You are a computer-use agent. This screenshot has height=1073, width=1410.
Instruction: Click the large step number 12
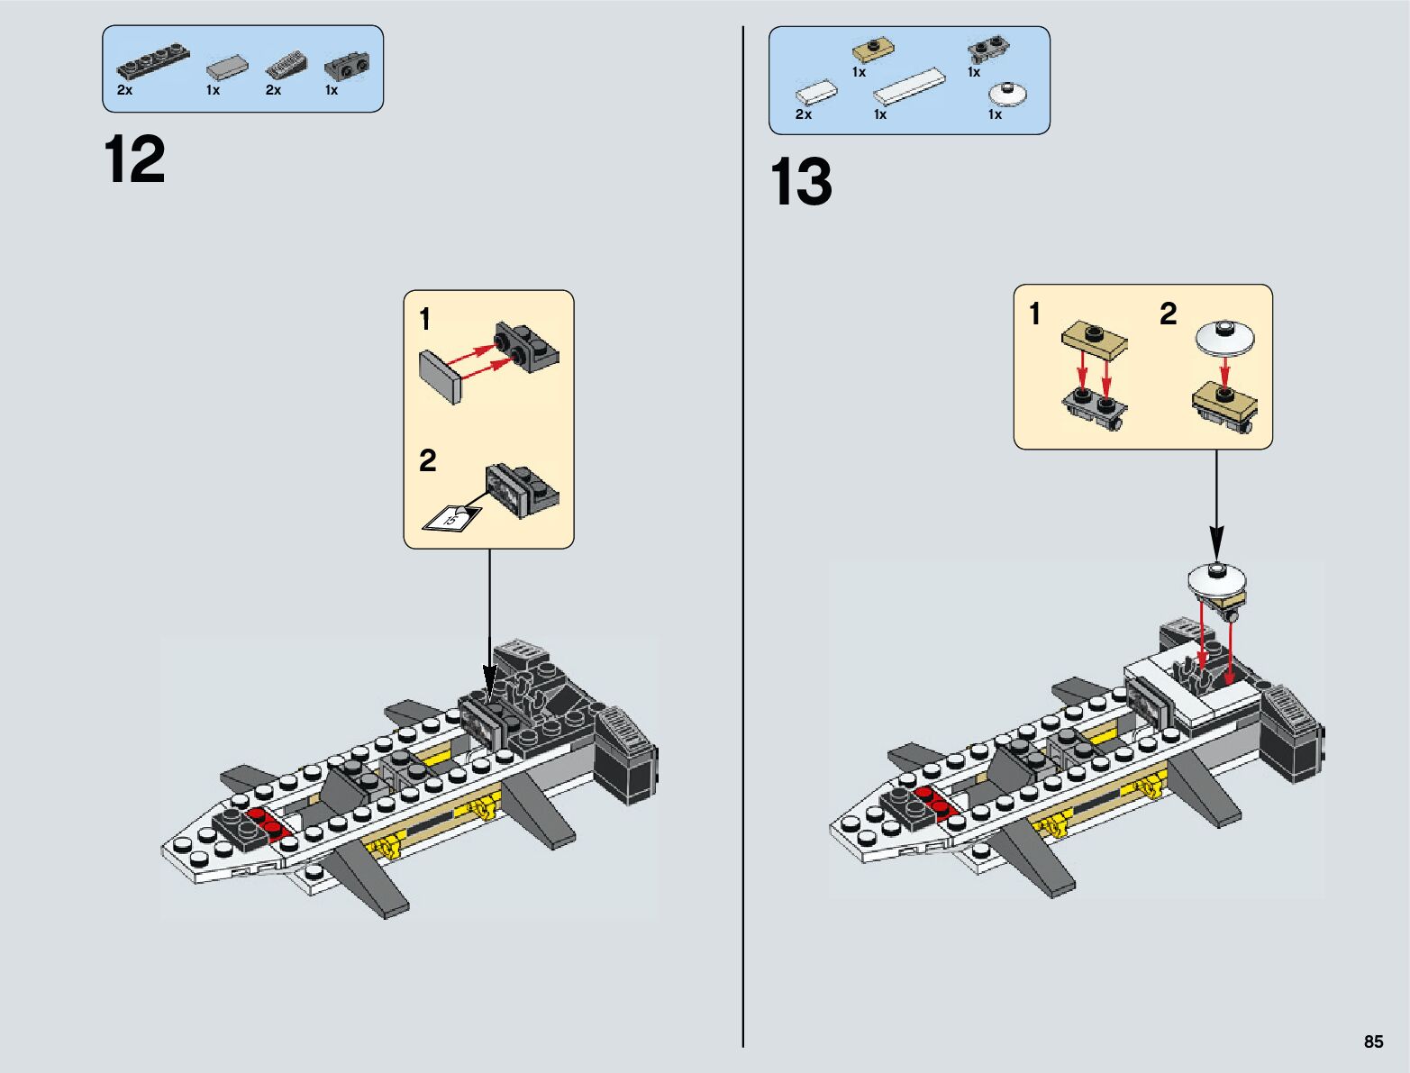135,160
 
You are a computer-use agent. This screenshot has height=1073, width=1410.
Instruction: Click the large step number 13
801,183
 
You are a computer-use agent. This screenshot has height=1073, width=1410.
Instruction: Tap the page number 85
1373,1041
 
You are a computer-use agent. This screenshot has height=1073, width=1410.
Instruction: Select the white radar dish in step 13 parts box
1008,94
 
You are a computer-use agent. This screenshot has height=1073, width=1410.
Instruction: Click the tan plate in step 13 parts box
870,50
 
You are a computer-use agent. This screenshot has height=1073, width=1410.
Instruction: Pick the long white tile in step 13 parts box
910,87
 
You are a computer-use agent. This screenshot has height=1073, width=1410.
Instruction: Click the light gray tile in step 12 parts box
228,66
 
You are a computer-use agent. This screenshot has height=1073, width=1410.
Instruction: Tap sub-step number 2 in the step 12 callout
427,461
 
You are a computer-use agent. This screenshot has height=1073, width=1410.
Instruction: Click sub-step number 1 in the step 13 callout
1034,314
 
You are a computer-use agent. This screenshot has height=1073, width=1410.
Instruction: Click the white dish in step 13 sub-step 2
1225,335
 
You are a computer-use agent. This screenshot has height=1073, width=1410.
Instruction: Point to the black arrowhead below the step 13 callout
1216,545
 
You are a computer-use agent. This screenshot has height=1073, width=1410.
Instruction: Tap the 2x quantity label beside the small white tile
803,114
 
